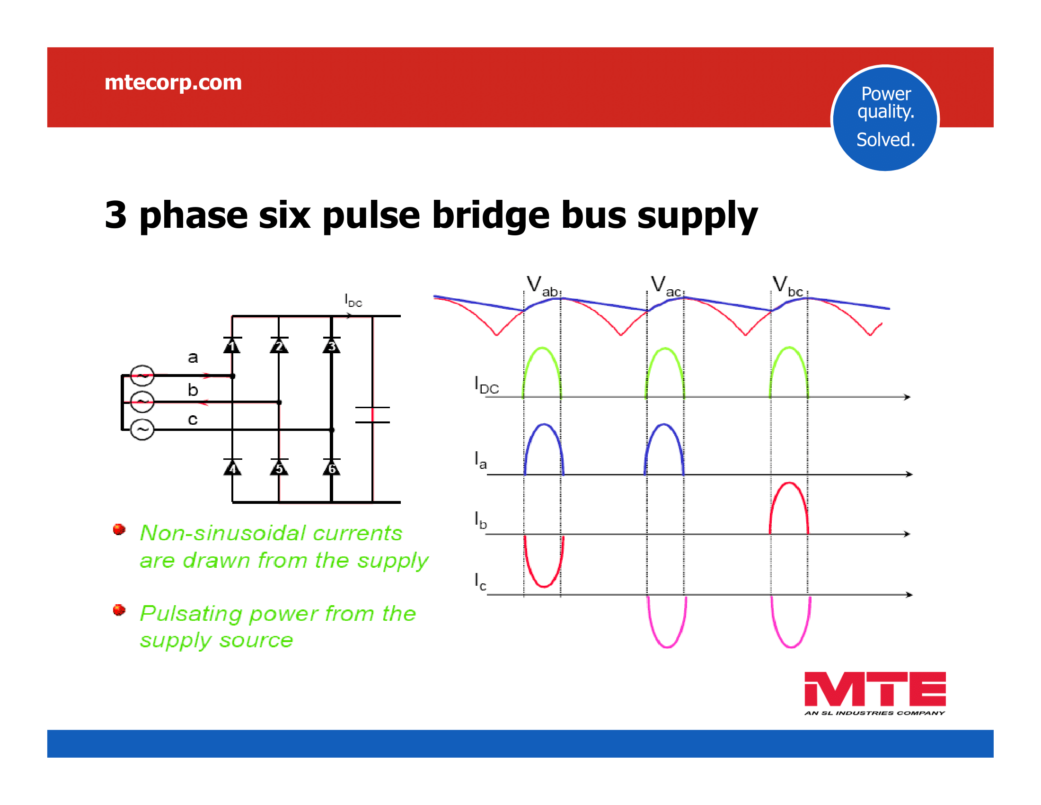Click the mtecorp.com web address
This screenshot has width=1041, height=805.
(x=173, y=82)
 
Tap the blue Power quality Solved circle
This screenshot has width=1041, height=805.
(x=885, y=118)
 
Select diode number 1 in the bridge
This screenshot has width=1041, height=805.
(x=232, y=345)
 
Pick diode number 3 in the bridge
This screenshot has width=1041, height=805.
(x=331, y=345)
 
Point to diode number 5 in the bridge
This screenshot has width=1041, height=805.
(x=279, y=468)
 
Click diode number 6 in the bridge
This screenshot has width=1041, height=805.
(x=331, y=468)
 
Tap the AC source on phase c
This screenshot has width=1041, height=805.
(x=142, y=429)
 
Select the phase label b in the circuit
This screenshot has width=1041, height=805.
(x=193, y=390)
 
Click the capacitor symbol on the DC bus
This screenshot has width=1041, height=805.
(x=372, y=415)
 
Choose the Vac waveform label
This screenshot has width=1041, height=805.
(x=666, y=286)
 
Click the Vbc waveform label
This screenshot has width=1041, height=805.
(x=787, y=286)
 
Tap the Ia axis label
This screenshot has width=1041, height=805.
(x=480, y=460)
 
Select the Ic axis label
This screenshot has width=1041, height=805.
(x=480, y=582)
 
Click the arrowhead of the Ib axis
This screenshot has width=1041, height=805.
(x=907, y=534)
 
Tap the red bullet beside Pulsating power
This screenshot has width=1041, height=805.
(x=119, y=610)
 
